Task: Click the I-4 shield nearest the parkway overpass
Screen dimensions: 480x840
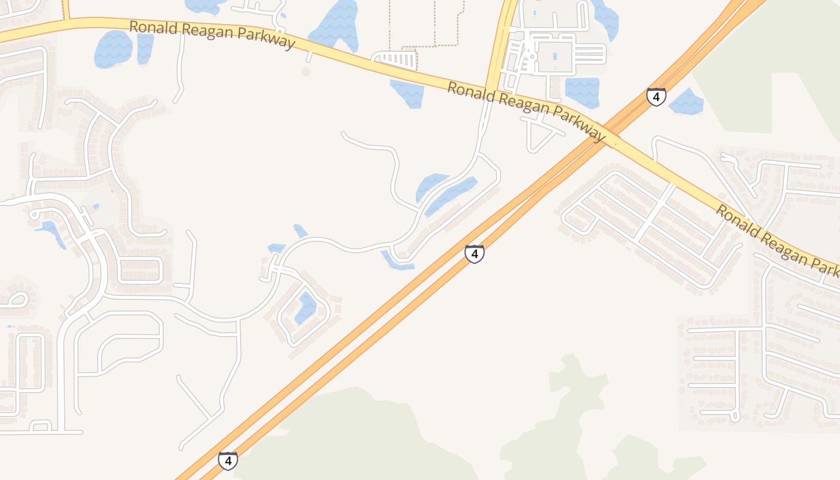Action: click(656, 96)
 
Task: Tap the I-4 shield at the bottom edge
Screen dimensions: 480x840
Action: click(227, 460)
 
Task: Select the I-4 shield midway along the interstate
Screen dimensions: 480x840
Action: click(474, 253)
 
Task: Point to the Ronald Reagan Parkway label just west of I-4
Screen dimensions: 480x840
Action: click(526, 112)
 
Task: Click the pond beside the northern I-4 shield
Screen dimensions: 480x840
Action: click(685, 103)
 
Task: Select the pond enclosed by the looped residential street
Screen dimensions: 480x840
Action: click(307, 307)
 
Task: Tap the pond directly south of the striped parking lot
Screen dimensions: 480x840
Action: click(408, 94)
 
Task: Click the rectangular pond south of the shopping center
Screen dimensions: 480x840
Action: click(581, 92)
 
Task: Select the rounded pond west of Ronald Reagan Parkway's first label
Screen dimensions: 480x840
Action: click(113, 48)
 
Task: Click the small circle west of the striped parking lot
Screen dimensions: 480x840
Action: click(306, 71)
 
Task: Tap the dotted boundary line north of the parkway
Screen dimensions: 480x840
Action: click(426, 45)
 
